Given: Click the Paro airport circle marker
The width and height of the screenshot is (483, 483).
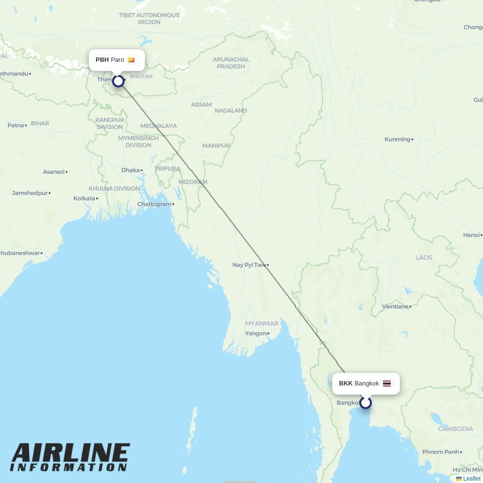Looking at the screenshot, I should pos(118,81).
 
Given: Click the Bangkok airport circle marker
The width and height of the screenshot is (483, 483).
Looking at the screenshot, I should pos(366,403).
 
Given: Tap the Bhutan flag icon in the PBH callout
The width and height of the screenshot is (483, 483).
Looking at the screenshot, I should pos(131,60).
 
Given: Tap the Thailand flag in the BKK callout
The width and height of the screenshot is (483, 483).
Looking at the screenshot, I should pos(387,384).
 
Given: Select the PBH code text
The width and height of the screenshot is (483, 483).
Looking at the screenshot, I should pos(102,60).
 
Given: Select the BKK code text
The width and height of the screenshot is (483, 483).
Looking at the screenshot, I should pos(345,384).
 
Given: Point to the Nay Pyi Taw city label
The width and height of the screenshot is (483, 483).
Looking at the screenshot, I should pos(249,265).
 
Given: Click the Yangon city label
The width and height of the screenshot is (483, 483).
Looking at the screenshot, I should pos(256,333).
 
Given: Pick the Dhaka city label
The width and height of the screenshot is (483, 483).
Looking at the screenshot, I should pos(130,170).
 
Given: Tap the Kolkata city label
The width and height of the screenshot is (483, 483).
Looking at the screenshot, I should pos(85,199).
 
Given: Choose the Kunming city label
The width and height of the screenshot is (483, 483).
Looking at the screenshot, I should pos(398,139).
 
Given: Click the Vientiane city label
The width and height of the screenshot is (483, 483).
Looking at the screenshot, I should pos(395,306).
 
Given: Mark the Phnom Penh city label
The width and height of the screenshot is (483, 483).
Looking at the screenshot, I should pos(440,452).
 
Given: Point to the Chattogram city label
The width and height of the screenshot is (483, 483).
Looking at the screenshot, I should pos(155,204).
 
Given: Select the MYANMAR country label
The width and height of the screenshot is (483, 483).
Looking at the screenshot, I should pos(262,323).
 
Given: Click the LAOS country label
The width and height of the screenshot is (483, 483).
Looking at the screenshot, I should pos(424,257).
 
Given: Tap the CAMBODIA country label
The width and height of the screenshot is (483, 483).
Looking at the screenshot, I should pos(455,429).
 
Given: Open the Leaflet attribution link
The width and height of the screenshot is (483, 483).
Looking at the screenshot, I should pos(471,479).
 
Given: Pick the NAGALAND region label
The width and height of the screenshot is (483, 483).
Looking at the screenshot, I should pos(231,111).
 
